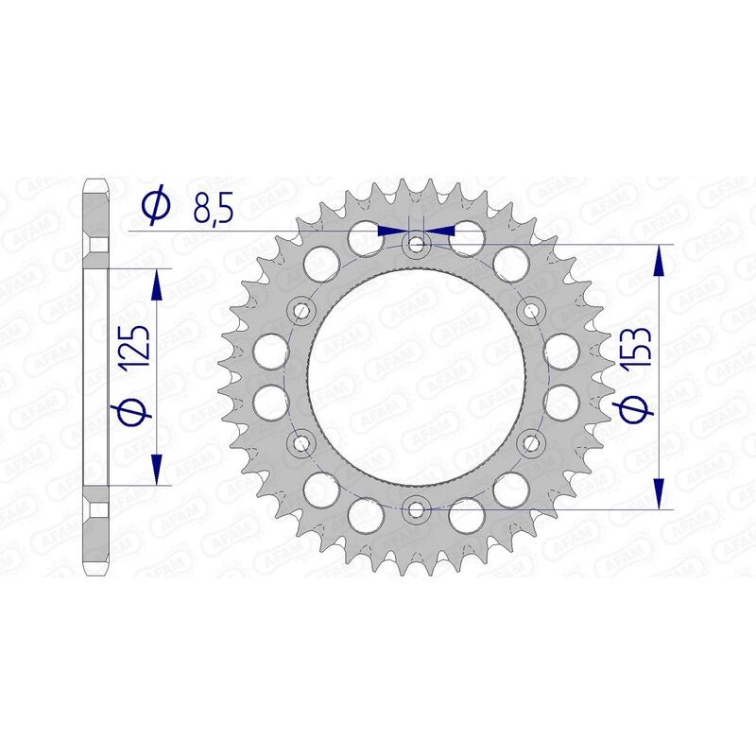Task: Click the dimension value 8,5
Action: [x=213, y=207]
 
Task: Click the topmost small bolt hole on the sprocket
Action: [x=416, y=244]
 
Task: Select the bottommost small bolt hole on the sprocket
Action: [x=416, y=510]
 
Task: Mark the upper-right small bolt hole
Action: [x=531, y=310]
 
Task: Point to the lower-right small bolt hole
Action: [x=531, y=442]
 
